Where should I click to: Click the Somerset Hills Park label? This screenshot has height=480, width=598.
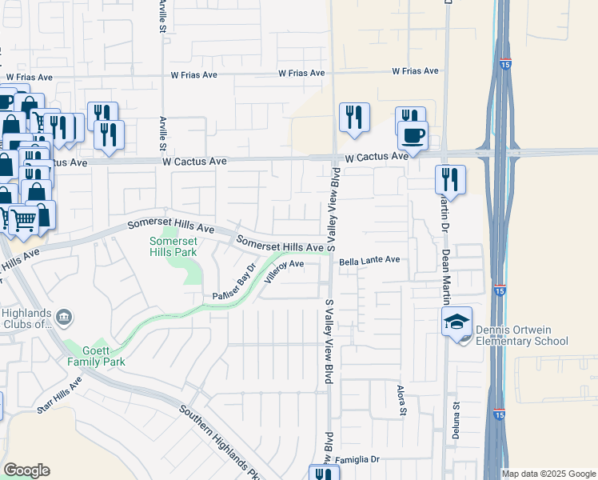click(173, 246)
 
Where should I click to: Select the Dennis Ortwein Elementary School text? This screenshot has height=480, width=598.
click(521, 336)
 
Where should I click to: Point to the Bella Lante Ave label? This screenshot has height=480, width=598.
click(369, 261)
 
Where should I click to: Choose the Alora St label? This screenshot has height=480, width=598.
click(402, 402)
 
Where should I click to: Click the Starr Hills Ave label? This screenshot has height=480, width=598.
click(59, 397)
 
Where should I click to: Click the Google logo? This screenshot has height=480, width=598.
click(26, 470)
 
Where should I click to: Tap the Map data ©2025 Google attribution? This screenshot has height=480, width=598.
click(548, 474)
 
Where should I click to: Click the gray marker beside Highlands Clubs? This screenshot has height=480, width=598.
click(65, 318)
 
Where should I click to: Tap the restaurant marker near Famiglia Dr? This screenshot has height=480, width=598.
click(323, 474)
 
